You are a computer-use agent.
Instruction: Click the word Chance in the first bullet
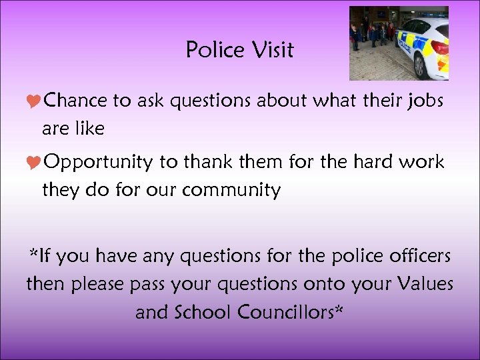coord(77,101)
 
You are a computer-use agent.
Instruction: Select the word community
coord(231,191)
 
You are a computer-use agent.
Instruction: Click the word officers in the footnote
coord(413,255)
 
